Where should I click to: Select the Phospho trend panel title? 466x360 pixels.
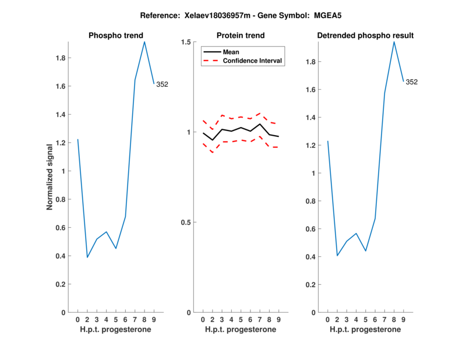pyautogui.click(x=115, y=36)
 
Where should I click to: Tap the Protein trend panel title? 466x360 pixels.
pyautogui.click(x=240, y=36)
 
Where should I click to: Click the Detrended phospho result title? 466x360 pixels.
pyautogui.click(x=365, y=36)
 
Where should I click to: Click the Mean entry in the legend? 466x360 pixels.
pyautogui.click(x=231, y=52)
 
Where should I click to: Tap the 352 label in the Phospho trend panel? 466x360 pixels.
pyautogui.click(x=162, y=84)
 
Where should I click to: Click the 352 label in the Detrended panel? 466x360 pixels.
pyautogui.click(x=411, y=82)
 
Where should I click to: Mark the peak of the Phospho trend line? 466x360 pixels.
pyautogui.click(x=144, y=41)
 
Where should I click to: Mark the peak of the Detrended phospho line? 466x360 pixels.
pyautogui.click(x=394, y=41)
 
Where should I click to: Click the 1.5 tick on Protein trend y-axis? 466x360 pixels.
pyautogui.click(x=186, y=42)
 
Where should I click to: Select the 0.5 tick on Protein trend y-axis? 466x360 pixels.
pyautogui.click(x=186, y=223)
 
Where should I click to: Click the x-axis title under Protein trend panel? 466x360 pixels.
pyautogui.click(x=240, y=330)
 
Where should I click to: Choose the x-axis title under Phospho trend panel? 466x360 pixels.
pyautogui.click(x=115, y=330)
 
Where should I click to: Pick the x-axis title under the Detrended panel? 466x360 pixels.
pyautogui.click(x=365, y=330)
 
